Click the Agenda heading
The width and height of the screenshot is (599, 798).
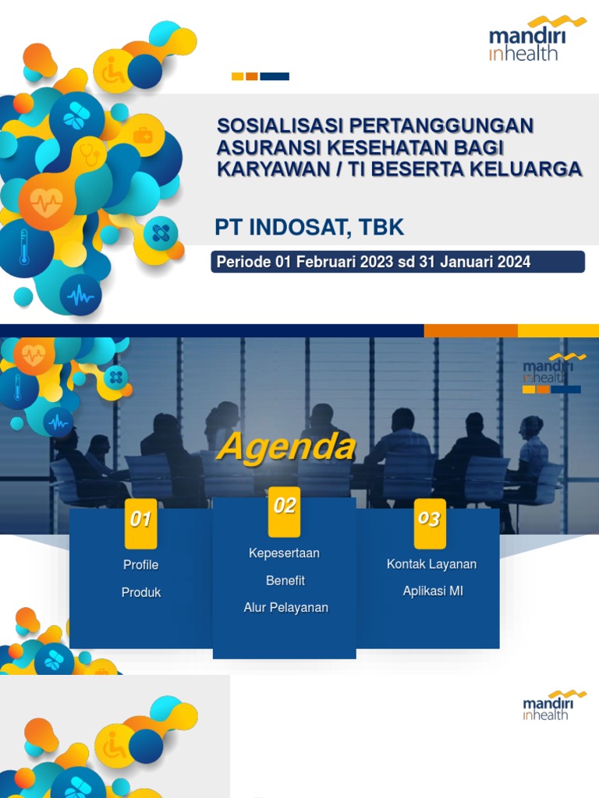(x=285, y=447)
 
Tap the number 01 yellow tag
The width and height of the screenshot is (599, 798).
(x=140, y=520)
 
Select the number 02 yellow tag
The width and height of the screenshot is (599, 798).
(x=284, y=507)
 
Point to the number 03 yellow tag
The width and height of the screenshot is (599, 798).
(x=429, y=519)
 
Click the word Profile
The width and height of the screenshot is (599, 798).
(x=140, y=565)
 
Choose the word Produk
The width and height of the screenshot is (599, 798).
(x=141, y=592)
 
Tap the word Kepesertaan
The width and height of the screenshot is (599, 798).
(x=284, y=553)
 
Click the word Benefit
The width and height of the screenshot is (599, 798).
(x=285, y=581)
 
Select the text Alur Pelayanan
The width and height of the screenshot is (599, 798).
(x=285, y=608)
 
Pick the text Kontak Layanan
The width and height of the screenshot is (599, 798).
(x=431, y=564)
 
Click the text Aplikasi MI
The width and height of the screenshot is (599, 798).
(x=433, y=591)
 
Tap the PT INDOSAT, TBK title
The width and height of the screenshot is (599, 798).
(x=310, y=228)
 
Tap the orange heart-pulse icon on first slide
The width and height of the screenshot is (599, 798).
(x=47, y=202)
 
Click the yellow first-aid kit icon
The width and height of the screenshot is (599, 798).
(x=143, y=136)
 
